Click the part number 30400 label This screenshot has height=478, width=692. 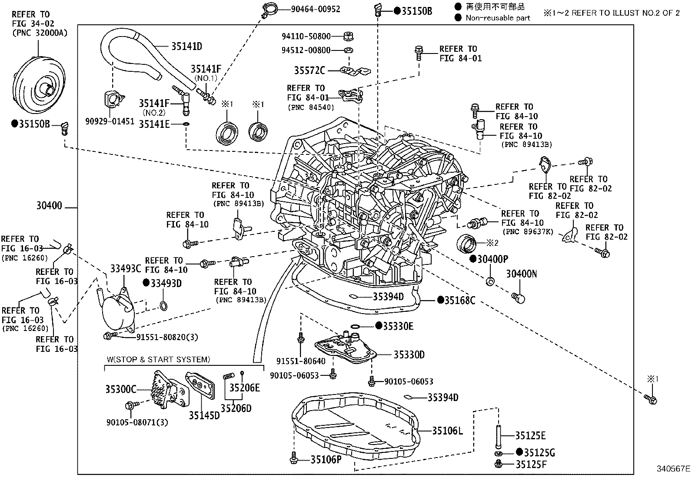49,206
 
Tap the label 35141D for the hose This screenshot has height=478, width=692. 186,47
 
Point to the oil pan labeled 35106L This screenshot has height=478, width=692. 354,428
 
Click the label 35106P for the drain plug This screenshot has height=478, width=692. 326,459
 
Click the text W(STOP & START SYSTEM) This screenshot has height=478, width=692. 158,359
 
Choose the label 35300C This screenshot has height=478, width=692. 120,389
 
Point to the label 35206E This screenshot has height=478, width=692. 244,388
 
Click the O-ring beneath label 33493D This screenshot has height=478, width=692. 163,306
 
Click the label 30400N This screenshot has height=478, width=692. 521,274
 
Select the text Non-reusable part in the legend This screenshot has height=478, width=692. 498,18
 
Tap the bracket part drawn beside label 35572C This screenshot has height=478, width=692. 354,70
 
